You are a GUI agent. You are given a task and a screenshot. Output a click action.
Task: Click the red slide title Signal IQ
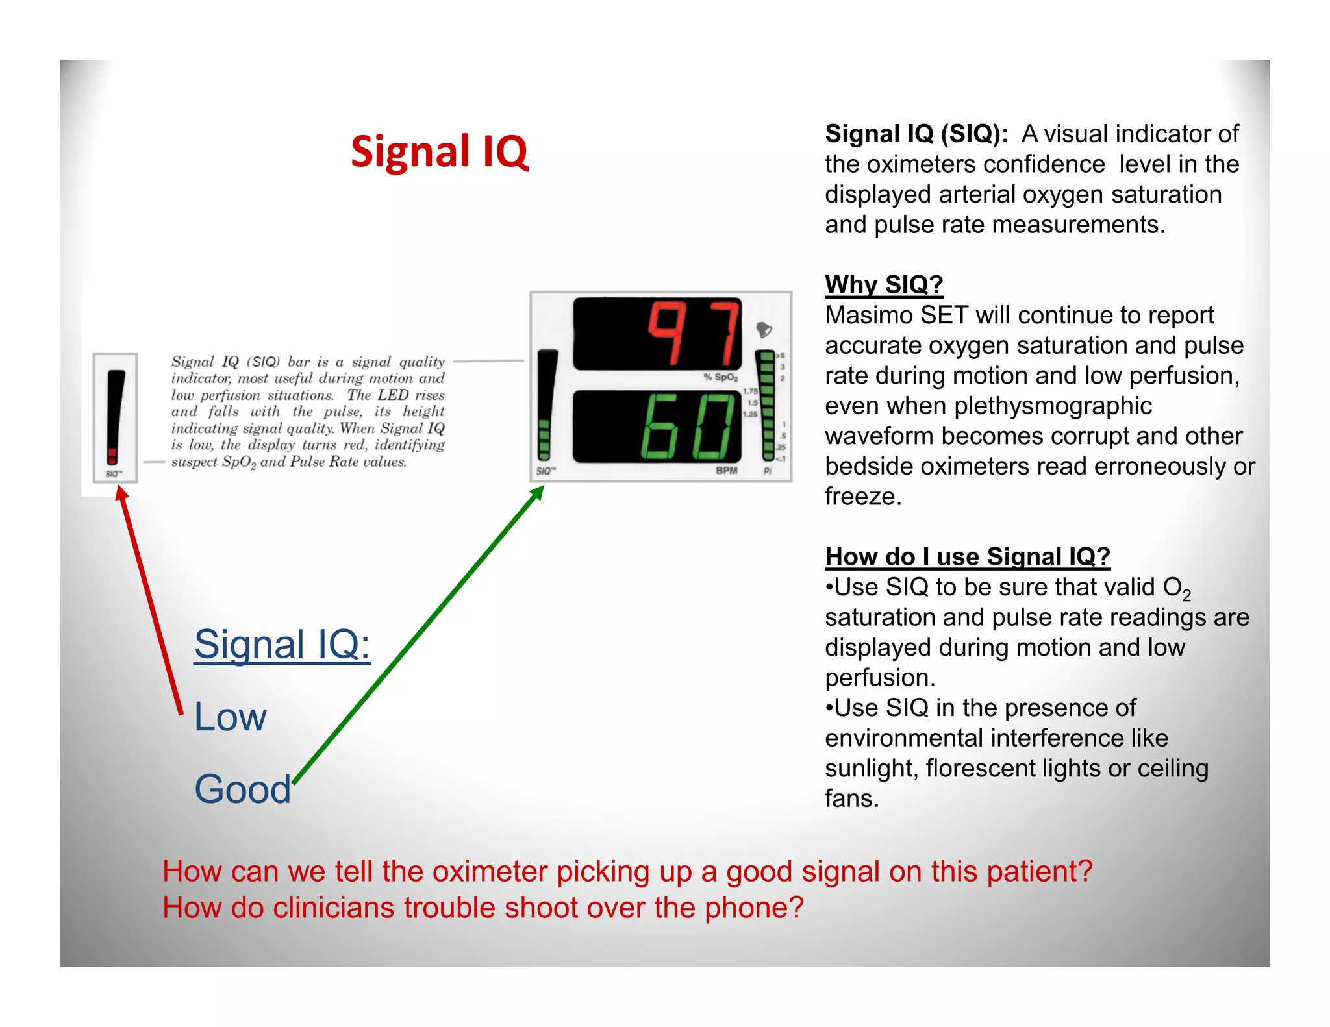[440, 152]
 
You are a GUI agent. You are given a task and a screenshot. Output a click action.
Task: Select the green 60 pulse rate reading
[688, 427]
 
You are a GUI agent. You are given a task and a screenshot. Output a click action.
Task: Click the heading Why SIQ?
[883, 285]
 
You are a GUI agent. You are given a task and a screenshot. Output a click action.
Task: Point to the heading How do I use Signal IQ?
[967, 557]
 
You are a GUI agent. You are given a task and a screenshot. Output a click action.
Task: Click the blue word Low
[231, 717]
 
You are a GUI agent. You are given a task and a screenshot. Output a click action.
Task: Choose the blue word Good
[243, 789]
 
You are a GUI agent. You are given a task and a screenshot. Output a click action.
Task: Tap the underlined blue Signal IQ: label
[282, 645]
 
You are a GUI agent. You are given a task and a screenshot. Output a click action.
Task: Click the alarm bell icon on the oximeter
[764, 330]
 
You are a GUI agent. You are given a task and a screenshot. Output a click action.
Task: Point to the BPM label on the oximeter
[726, 470]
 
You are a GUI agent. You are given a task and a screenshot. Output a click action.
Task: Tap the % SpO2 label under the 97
[721, 377]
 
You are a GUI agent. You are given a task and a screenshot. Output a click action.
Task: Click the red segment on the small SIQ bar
[112, 454]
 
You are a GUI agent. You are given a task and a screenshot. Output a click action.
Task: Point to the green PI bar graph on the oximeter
[767, 406]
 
